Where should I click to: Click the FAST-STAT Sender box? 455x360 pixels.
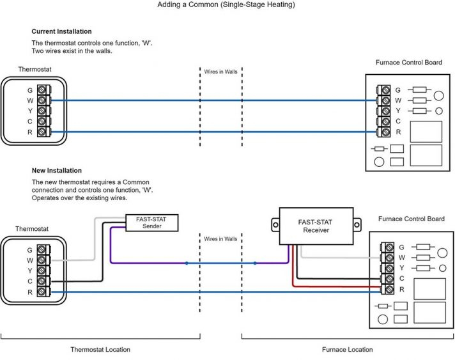151,223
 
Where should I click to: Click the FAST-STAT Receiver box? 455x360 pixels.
316,226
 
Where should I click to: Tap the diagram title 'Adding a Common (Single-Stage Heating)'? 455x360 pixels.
226,4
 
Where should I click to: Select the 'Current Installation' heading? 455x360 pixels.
61,31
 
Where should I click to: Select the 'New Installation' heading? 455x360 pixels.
57,171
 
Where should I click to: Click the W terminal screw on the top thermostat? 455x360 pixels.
42,100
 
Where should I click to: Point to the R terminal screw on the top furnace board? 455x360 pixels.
385,132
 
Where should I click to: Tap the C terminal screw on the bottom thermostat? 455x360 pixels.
42,281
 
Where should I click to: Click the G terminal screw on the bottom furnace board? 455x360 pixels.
389,247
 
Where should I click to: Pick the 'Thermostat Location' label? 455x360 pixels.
100,350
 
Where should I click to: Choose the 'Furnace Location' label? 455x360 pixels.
348,350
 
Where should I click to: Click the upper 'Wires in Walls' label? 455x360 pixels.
220,72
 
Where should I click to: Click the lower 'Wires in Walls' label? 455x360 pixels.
220,239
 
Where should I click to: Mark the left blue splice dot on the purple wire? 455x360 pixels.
187,263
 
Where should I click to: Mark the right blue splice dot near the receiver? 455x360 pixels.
255,263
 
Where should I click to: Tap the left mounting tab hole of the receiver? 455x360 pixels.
275,224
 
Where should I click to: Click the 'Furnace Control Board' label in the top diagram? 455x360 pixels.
408,63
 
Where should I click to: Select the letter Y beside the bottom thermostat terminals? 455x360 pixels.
30,270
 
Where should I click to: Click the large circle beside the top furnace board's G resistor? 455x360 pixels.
438,95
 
